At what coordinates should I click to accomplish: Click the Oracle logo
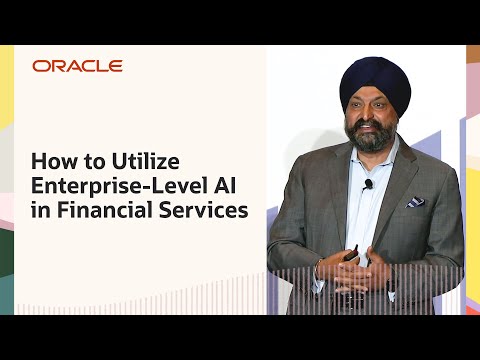point(77,66)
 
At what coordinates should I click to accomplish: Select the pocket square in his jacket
point(414,202)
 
